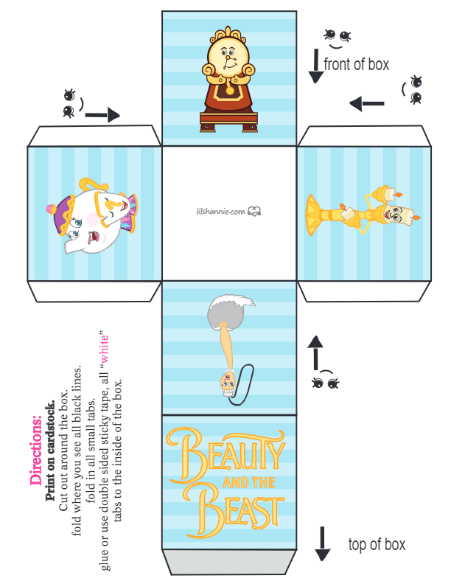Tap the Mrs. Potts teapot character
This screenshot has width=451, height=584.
point(91,215)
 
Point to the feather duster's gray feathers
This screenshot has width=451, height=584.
point(230,309)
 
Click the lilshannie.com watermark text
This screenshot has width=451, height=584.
point(220,212)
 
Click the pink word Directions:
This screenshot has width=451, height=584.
point(36,450)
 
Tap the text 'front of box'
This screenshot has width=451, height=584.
point(356,64)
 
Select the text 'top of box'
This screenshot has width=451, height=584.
point(377,544)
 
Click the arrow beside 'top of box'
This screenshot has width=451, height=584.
point(322,543)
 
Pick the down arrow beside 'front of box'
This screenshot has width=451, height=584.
point(316,66)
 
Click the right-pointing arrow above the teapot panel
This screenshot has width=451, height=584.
point(102,115)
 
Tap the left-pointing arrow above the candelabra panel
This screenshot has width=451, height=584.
point(367,103)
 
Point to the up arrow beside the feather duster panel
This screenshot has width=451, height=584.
point(315,352)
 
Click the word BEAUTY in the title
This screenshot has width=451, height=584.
point(226,453)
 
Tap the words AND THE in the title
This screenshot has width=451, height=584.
point(249,483)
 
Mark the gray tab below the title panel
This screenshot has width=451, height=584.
point(229,562)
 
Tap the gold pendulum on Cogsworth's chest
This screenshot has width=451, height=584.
point(231,90)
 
